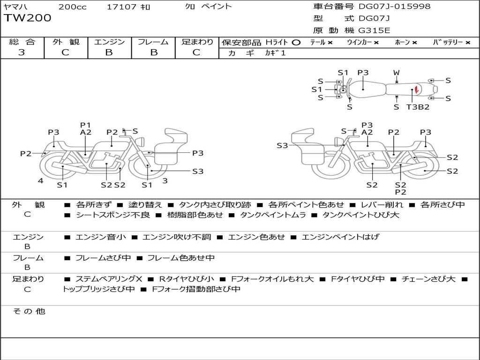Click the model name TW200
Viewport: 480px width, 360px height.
pos(28,18)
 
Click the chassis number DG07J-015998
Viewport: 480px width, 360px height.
pos(394,7)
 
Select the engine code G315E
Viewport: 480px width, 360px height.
pos(374,30)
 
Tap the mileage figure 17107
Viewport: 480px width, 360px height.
pos(121,7)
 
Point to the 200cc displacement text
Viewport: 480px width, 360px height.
pos(72,7)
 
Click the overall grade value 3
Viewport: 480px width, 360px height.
pos(22,52)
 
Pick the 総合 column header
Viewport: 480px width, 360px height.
pos(22,42)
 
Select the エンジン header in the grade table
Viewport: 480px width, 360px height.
pos(109,42)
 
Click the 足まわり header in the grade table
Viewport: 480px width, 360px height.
pos(197,42)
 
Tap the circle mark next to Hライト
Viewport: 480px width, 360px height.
pos(296,42)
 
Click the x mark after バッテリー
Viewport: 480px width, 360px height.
pos(468,42)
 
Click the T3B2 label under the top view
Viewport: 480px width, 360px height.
pos(418,107)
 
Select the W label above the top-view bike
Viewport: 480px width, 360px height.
pos(396,73)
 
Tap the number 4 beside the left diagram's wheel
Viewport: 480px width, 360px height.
pos(41,180)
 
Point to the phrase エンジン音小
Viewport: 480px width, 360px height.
pos(100,237)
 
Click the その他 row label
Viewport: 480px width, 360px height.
pos(29,311)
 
